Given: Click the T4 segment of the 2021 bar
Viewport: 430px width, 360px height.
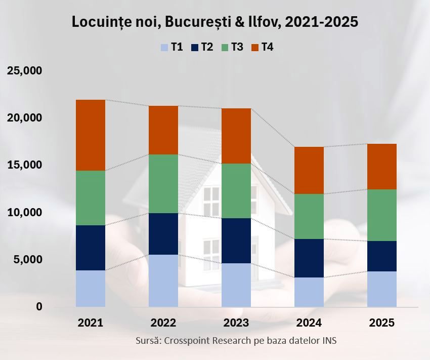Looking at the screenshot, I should click(x=91, y=135).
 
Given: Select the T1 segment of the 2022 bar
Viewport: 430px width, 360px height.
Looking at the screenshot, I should click(x=163, y=281).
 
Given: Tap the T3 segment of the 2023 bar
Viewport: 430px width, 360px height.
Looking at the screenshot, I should click(x=236, y=191).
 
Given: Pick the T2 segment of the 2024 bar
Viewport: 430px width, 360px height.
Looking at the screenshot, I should click(x=309, y=258).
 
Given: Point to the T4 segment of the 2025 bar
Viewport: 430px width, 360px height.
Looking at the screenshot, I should click(x=382, y=167).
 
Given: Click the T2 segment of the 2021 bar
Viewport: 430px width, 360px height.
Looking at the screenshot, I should click(x=91, y=248).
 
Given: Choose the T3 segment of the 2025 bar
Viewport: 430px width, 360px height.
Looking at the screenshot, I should click(x=382, y=215).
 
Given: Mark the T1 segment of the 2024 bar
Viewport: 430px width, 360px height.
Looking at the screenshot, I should click(x=309, y=292).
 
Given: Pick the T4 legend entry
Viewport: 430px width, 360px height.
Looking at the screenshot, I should click(x=263, y=48).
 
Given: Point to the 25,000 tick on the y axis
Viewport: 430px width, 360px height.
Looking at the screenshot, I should click(x=24, y=70).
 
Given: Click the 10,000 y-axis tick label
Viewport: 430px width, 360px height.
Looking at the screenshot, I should click(x=24, y=212).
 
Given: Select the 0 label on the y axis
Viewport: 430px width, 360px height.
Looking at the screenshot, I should click(x=39, y=307).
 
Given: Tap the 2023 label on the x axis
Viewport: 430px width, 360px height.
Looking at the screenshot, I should click(x=236, y=323).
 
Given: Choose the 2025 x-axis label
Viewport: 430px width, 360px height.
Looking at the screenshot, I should click(x=382, y=323).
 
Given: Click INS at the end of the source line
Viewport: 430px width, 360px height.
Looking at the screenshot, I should click(x=329, y=340).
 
